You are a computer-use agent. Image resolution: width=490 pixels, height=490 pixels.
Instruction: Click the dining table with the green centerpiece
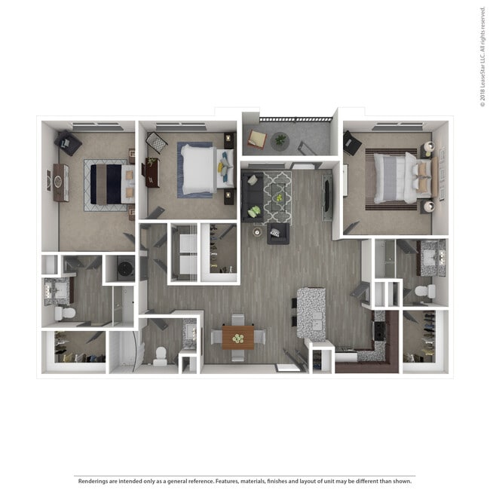coord(238,337)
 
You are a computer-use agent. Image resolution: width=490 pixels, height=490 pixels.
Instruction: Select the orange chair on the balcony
coord(256,139)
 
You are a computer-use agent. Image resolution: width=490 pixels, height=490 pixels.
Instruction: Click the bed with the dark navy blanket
coord(106,183)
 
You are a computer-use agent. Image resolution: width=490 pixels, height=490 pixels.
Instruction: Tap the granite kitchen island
coord(311,311)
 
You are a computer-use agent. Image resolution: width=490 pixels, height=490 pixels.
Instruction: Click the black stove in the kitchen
coord(377,332)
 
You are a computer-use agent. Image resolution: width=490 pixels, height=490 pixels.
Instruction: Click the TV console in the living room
coord(328,197)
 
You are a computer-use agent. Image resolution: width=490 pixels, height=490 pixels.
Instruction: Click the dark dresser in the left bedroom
coord(60,182)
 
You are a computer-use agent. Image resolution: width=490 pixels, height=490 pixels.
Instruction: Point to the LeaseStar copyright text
coord(482,57)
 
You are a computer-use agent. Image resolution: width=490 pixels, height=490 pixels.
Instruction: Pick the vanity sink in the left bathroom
coord(56,289)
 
